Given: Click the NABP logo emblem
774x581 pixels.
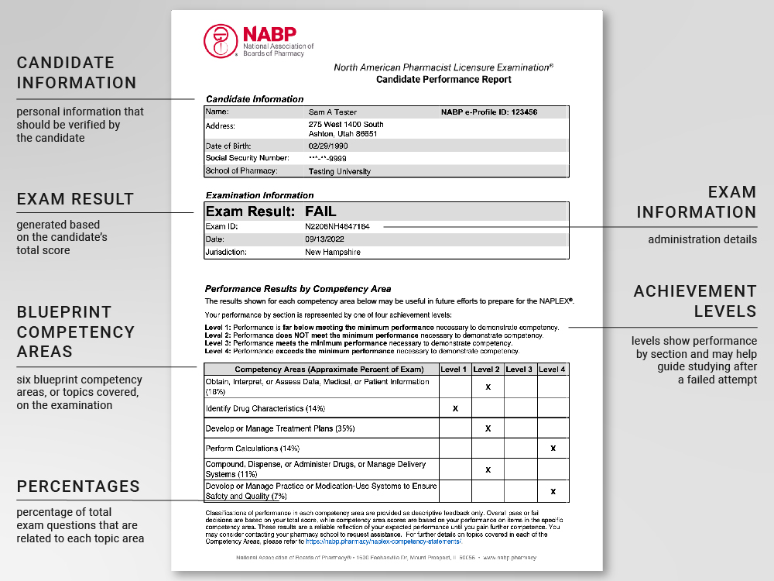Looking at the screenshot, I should pos(221,40).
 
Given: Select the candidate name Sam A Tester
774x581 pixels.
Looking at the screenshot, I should pos(333,112).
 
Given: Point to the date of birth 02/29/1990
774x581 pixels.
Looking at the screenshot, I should pos(328,146).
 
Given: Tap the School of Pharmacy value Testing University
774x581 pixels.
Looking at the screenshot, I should pos(340,171).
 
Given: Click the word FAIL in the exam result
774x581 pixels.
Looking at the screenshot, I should pos(320,211).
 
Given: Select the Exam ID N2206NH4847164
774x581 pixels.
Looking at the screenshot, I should pos(337,226).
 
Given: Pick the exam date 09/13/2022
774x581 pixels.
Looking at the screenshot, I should pos(325,239).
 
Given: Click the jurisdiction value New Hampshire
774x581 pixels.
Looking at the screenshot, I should pos(333,252).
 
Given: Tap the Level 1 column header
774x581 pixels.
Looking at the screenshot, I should pos(455,370).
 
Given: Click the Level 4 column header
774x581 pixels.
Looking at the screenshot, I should pos(553,370).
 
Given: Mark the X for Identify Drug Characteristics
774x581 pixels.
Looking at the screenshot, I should pos(455,407).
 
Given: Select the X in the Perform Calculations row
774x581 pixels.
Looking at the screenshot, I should pos(553,449).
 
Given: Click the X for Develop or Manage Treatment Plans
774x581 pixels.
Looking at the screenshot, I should pos(488,428).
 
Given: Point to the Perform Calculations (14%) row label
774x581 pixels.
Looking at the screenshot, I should pos(252,449).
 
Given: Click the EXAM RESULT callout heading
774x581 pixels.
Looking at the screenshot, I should pos(76,199).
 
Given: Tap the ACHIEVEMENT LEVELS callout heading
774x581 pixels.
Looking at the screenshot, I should pos(694,301).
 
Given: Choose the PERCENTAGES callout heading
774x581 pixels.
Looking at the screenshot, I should pos(78,486).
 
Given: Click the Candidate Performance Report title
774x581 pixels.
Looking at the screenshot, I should pos(444,80).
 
